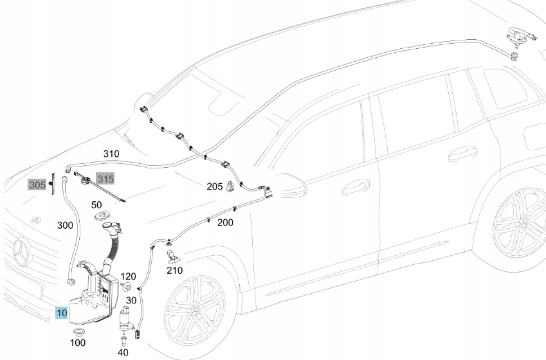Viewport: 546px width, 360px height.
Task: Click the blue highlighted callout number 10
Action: click(61, 314)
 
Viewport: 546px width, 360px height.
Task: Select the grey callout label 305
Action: click(37, 185)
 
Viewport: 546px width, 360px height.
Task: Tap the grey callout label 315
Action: click(104, 177)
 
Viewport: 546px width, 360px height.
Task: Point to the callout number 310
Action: click(111, 154)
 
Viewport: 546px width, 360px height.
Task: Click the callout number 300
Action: click(65, 226)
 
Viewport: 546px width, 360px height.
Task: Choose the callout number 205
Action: click(214, 186)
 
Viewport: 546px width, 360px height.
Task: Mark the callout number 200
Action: click(225, 222)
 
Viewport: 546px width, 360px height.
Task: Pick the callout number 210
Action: click(174, 271)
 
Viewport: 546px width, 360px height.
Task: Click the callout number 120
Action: click(129, 275)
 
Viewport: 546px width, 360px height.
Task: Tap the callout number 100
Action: click(77, 343)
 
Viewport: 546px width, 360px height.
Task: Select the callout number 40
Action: click(123, 352)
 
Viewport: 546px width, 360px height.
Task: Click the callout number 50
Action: click(96, 204)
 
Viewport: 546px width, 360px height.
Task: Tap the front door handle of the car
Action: click(355, 187)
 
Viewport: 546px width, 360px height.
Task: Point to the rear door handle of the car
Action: click(462, 154)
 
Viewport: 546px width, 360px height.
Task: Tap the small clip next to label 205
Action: click(230, 187)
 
